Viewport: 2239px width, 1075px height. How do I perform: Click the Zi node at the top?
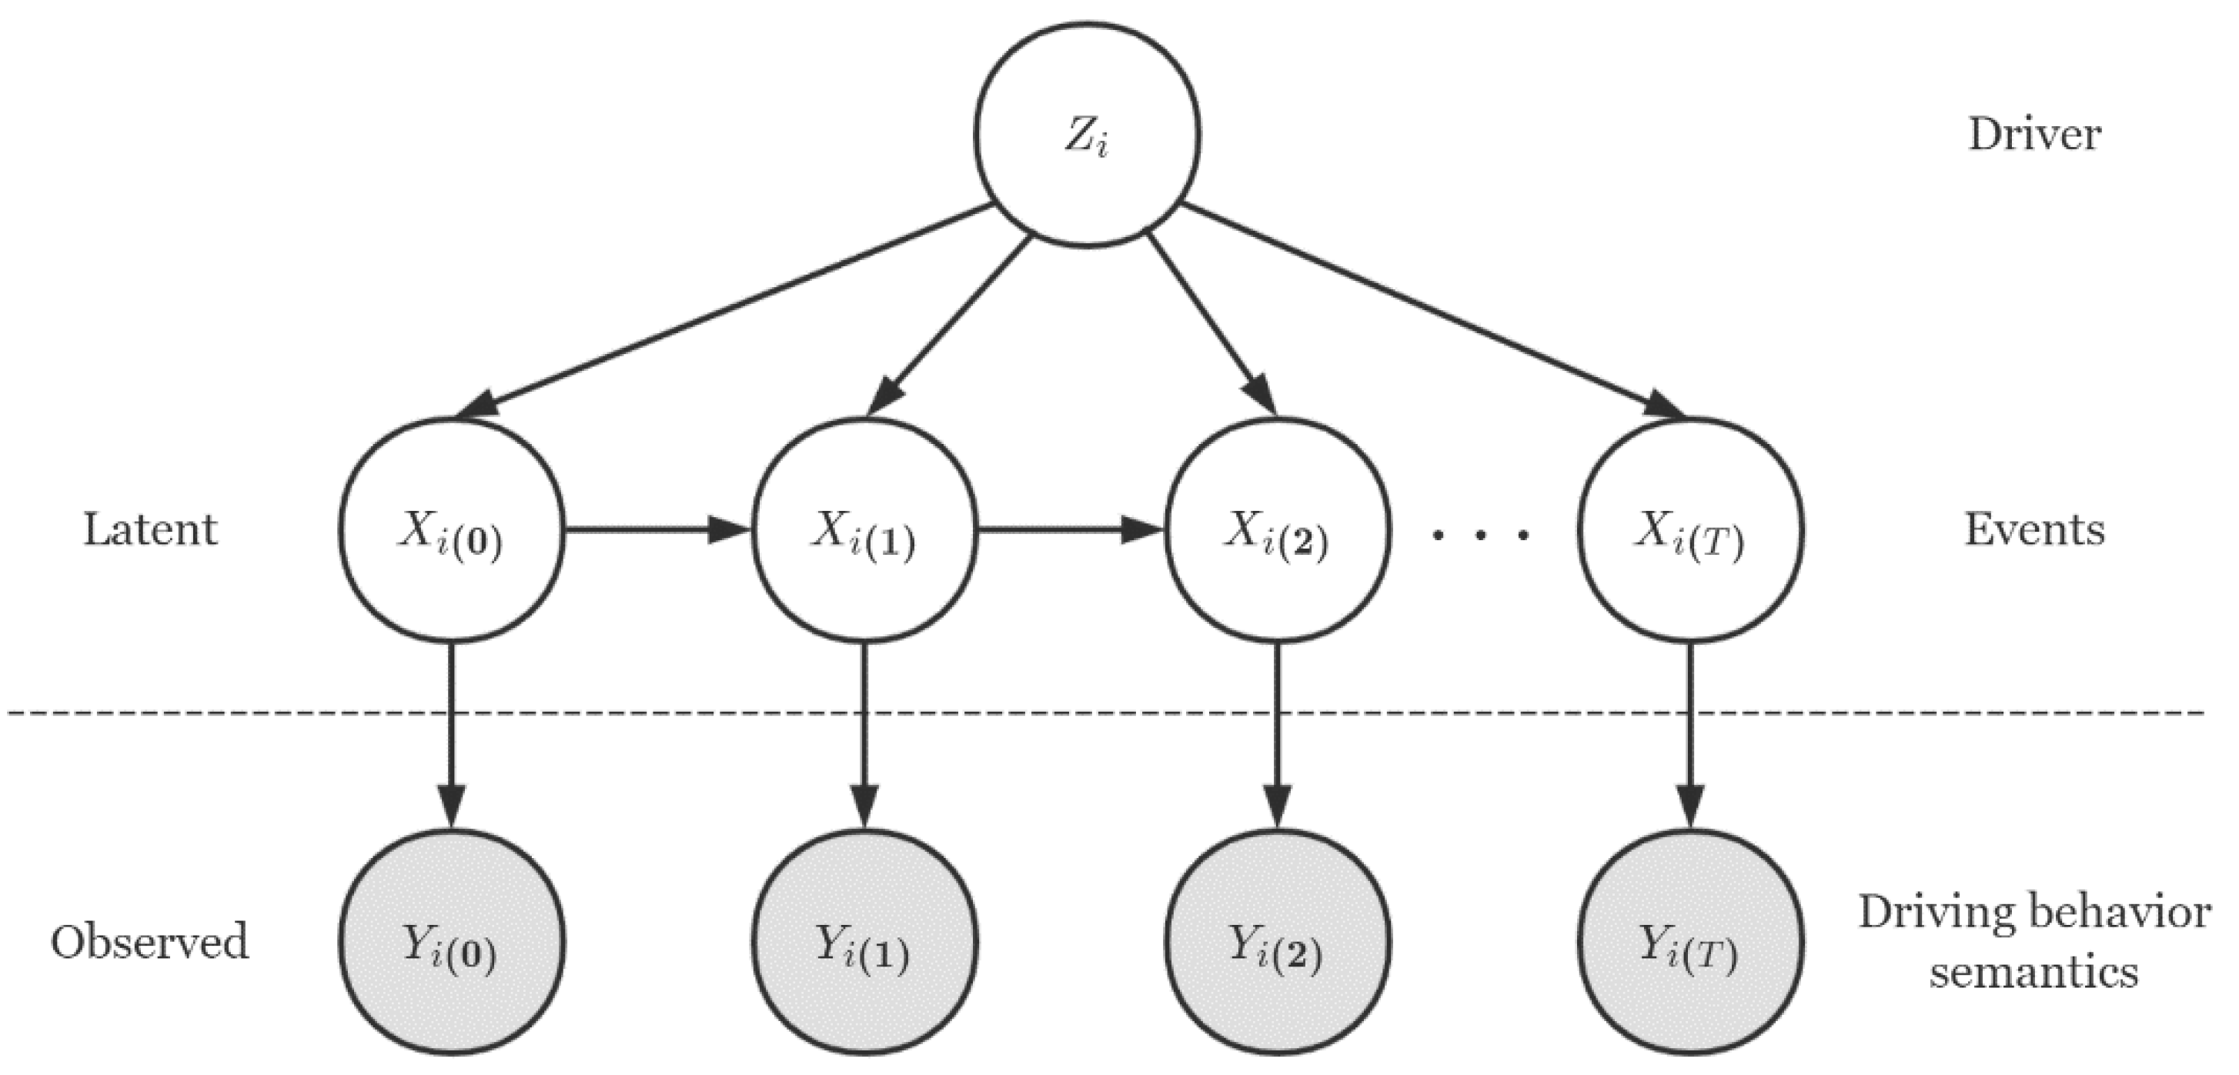tap(1087, 135)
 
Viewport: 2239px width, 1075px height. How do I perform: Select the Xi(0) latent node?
tap(451, 530)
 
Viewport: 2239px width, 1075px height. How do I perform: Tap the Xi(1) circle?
tap(864, 530)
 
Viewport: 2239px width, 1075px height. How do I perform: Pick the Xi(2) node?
tap(1277, 530)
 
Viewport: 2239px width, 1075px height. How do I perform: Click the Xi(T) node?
tap(1689, 530)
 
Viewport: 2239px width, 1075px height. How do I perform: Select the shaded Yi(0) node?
tap(451, 943)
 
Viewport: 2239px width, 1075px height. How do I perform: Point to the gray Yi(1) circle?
tap(864, 943)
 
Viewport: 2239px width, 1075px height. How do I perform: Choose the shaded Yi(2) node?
tap(1277, 943)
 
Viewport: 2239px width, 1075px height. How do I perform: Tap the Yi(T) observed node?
tap(1689, 943)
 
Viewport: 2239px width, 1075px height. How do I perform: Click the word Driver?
tap(2033, 135)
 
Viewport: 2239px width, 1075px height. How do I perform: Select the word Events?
tap(2033, 530)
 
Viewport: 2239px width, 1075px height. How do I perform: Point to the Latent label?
tap(149, 530)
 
